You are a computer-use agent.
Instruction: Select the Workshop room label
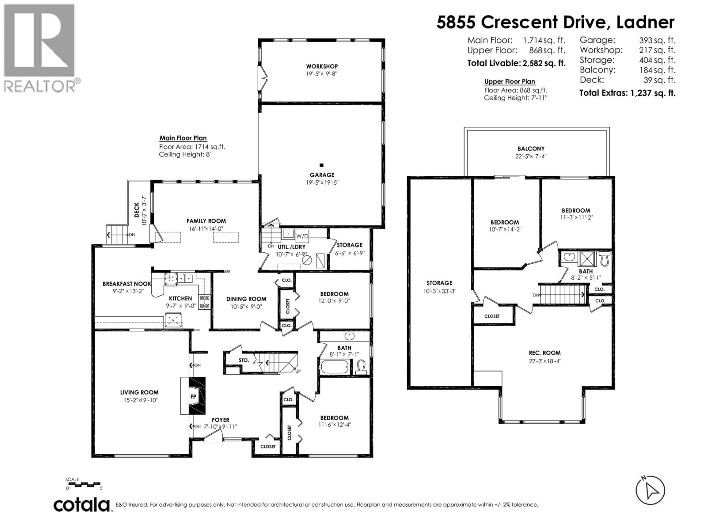(322, 66)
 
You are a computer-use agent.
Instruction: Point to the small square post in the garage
(321, 165)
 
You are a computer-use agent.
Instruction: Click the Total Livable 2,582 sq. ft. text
(516, 63)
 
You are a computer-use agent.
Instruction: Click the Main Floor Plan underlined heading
(183, 138)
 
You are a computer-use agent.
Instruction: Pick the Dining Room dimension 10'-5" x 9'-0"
(246, 307)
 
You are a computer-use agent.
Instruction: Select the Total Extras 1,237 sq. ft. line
(627, 93)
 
